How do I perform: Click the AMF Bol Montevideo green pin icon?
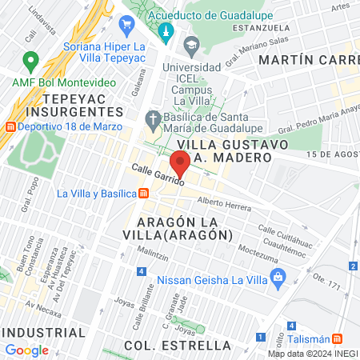pos(31,59)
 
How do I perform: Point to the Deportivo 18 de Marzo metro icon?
pos(10,126)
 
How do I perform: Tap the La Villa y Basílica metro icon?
pos(143,193)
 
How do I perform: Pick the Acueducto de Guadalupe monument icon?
pos(166,32)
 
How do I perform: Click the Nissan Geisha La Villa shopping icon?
pos(278,280)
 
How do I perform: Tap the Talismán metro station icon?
pos(337,338)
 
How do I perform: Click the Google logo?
pos(26,350)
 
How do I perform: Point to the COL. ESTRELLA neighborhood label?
pos(178,346)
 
